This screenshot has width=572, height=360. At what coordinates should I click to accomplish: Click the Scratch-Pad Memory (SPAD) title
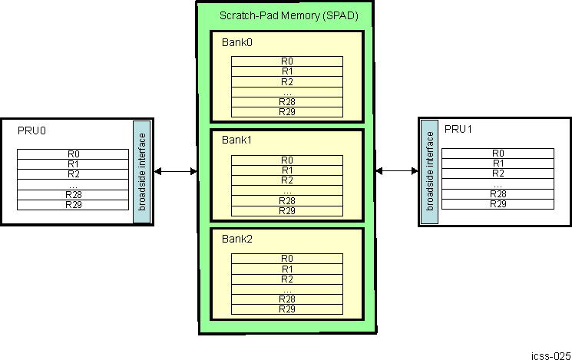(x=289, y=15)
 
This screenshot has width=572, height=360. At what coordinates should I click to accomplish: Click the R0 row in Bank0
(x=286, y=61)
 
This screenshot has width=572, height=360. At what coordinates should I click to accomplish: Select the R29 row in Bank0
(x=286, y=112)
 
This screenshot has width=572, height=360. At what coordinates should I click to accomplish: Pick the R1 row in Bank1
(x=286, y=170)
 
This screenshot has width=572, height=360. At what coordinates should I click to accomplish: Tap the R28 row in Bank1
(x=286, y=200)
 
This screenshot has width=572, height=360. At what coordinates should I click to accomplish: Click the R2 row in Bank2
(x=286, y=279)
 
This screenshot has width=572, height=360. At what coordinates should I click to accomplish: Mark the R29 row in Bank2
(x=286, y=309)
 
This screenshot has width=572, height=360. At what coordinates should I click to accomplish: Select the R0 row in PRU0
(x=73, y=154)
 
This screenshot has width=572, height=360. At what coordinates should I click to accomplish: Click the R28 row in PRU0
(x=73, y=195)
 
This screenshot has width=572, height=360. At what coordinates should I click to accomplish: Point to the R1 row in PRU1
(x=498, y=163)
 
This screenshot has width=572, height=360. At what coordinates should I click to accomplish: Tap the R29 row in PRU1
(x=498, y=203)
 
